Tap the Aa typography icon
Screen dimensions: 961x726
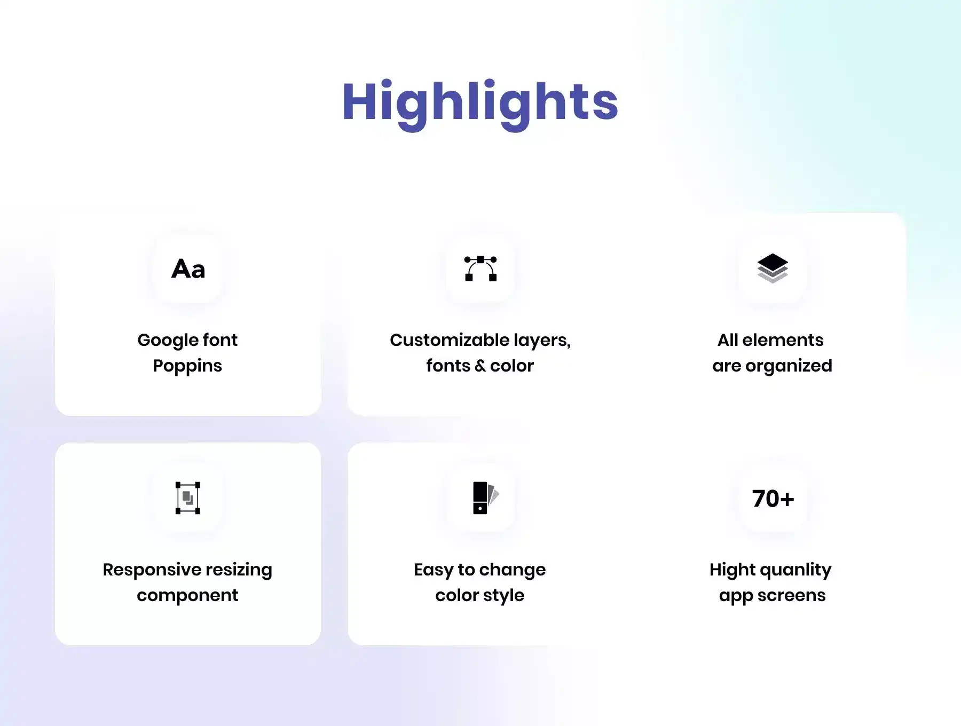188,269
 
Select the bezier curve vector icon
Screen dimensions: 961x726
480,269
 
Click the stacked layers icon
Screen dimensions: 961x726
773,268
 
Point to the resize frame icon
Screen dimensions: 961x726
188,498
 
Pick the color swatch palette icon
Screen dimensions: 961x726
485,498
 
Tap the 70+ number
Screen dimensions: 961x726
773,499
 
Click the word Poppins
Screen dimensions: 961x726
187,367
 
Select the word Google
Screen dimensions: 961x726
168,341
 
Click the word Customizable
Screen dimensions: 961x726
450,340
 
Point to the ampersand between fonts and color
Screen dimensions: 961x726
480,366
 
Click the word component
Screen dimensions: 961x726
187,596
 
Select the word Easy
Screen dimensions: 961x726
434,570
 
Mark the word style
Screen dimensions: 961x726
503,596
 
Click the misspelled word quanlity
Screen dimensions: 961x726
795,570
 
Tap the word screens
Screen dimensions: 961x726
791,596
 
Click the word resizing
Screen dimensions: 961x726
239,570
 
